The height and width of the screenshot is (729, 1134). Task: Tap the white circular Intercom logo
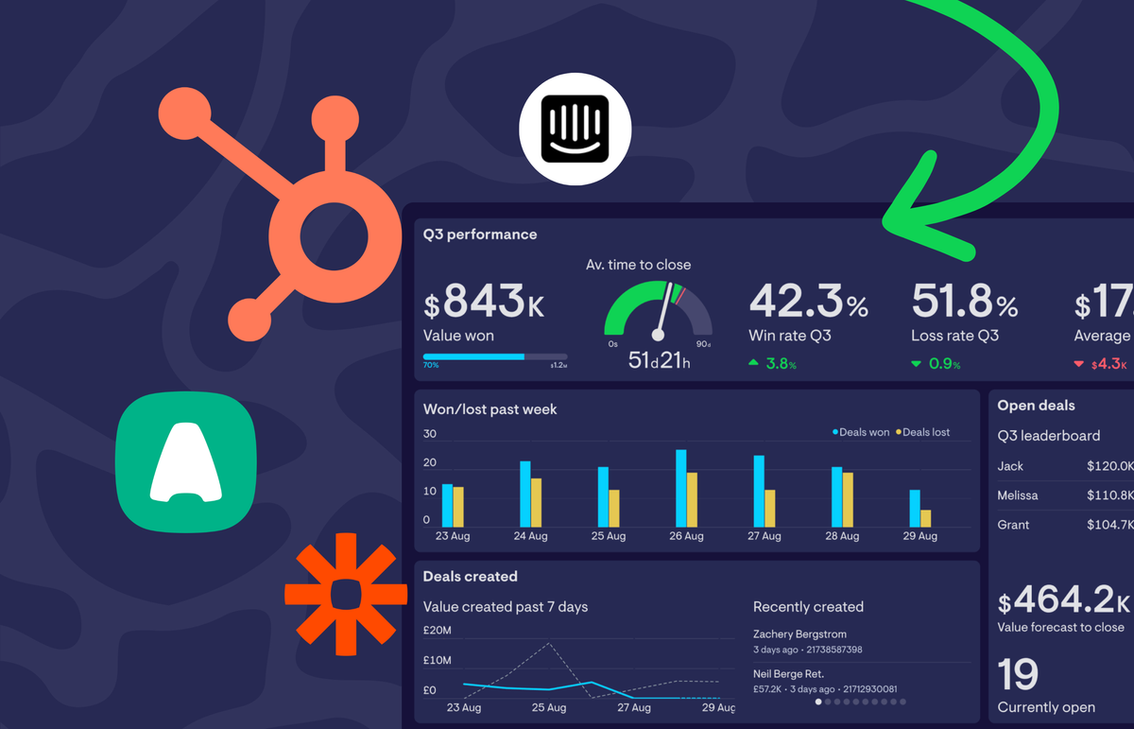[x=576, y=129]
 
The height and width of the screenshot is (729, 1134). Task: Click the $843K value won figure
[x=484, y=303]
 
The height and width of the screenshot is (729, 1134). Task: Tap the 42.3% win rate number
[x=808, y=302]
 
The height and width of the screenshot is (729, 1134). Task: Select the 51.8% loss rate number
[x=965, y=302]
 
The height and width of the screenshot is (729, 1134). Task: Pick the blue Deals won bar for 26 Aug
[x=680, y=488]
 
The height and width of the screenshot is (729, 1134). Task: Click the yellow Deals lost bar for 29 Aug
[x=925, y=518]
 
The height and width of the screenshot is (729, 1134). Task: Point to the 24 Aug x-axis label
[x=530, y=536]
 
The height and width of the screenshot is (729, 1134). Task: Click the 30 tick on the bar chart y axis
[x=430, y=434]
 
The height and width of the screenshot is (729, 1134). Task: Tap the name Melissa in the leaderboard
[x=1017, y=495]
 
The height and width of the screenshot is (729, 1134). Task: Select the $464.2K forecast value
[x=1064, y=600]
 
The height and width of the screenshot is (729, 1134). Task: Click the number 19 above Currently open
[x=1018, y=674]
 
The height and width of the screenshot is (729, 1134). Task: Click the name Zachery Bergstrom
[x=799, y=634]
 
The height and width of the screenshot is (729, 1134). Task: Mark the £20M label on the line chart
[x=437, y=631]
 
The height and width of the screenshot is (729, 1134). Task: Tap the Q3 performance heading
[x=480, y=234]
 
